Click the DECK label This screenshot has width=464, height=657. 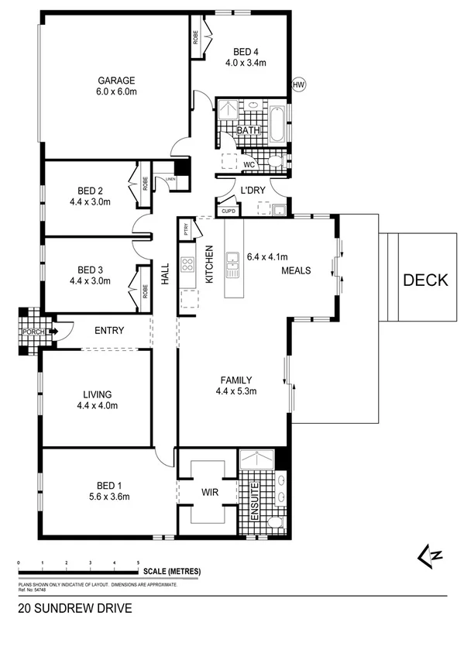425,280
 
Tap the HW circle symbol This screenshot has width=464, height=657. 298,85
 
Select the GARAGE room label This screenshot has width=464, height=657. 116,80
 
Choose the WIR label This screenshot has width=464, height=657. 207,491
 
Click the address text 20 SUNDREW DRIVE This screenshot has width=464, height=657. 74,609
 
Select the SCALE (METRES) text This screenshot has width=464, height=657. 171,572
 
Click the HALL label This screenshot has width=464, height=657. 165,273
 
